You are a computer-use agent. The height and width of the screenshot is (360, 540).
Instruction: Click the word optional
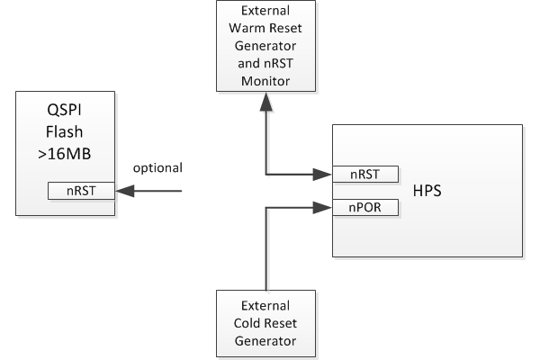click(157, 168)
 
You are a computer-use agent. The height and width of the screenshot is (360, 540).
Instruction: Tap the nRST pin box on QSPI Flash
click(81, 191)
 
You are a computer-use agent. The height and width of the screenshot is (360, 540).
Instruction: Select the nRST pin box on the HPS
click(365, 175)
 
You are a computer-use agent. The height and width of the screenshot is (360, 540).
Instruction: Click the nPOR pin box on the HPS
click(365, 207)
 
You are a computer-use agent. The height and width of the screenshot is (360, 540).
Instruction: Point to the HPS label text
click(427, 191)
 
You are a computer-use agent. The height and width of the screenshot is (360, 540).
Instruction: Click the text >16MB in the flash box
click(65, 154)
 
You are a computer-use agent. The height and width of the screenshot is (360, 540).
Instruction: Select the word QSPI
click(65, 110)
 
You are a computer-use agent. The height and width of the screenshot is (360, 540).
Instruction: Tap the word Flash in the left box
click(65, 132)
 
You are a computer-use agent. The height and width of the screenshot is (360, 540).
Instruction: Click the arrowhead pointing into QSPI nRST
click(125, 191)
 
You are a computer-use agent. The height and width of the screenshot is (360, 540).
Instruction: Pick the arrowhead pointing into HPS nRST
click(322, 175)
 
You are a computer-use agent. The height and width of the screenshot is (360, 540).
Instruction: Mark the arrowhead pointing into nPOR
click(322, 207)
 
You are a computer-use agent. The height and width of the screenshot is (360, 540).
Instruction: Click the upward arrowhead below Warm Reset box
click(266, 102)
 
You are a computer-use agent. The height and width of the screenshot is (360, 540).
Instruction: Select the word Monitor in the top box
click(265, 81)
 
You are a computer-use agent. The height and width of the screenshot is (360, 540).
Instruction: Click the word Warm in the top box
click(245, 28)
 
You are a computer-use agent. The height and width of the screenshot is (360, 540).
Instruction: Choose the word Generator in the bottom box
click(265, 341)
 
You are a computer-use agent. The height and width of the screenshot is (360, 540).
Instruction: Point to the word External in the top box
click(265, 11)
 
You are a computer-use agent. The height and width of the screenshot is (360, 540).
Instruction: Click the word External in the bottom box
click(265, 306)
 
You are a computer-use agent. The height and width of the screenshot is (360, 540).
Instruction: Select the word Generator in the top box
click(265, 46)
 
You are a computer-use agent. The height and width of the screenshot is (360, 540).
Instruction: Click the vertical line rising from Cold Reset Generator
click(266, 248)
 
